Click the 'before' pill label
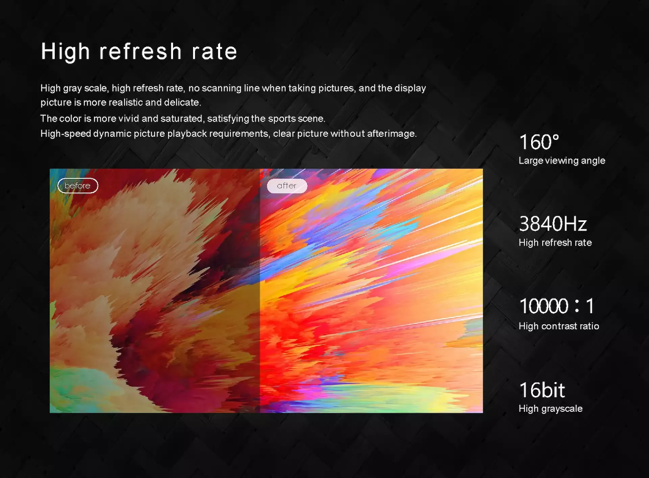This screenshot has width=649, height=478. tap(78, 186)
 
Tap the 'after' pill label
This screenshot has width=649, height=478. tap(287, 186)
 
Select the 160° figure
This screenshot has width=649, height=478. tap(539, 142)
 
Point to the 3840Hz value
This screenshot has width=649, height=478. tap(553, 224)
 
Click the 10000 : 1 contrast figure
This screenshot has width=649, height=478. tap(556, 306)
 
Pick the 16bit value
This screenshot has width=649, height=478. tap(542, 390)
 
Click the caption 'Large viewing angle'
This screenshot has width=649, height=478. tap(562, 160)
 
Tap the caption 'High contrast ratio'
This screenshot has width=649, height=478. tap(559, 326)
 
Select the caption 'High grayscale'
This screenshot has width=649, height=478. tap(551, 409)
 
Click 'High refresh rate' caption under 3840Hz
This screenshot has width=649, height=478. tap(555, 243)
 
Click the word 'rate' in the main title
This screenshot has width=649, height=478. tap(214, 52)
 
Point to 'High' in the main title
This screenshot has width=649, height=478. tap(66, 52)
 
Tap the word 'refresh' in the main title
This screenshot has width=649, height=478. tap(140, 51)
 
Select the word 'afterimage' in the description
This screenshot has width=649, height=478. tap(392, 134)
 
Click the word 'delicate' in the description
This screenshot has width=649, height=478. tap(183, 102)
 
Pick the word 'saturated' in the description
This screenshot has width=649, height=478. tap(183, 119)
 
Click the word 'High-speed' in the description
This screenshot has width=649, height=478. tap(66, 134)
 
